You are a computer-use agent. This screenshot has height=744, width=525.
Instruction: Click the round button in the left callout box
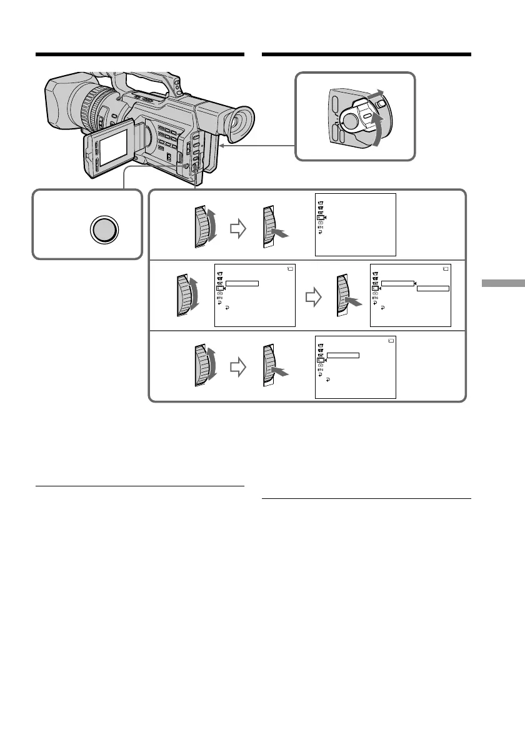click(x=104, y=230)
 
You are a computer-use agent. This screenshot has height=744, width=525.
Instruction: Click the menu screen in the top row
click(x=355, y=224)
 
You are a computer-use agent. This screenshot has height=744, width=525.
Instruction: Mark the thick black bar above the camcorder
click(x=139, y=54)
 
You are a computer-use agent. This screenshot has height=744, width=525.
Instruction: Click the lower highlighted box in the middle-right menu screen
click(x=433, y=289)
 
